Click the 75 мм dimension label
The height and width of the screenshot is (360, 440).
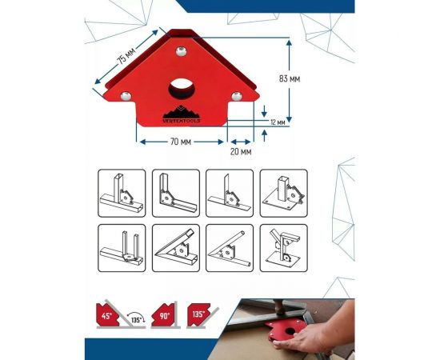pos(126,55)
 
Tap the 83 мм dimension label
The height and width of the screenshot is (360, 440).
pos(290,79)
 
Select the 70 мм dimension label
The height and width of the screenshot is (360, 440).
pos(181,142)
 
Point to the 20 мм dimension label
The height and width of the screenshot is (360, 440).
pos(241,152)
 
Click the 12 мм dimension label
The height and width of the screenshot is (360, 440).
pos(278,122)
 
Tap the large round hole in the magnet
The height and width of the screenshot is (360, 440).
pos(181,88)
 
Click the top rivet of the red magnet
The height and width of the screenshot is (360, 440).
pos(182,51)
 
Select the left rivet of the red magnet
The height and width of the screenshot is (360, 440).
pos(126,96)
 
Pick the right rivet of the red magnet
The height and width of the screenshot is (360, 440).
pos(237,96)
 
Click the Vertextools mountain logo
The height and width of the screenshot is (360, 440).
pos(182,114)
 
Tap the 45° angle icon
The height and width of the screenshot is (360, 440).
pos(107,314)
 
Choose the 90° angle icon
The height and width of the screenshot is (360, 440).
pos(162,315)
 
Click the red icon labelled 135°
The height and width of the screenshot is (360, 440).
pos(198,314)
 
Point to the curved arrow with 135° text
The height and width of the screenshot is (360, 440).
pos(137,315)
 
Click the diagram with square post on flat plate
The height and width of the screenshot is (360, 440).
pos(284,193)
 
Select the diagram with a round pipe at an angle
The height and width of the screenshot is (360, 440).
pos(230,248)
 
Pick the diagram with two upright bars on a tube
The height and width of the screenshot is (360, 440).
pos(122,248)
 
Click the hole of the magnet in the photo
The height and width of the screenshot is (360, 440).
pos(290,331)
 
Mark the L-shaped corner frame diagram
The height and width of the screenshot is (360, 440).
pos(176,193)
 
